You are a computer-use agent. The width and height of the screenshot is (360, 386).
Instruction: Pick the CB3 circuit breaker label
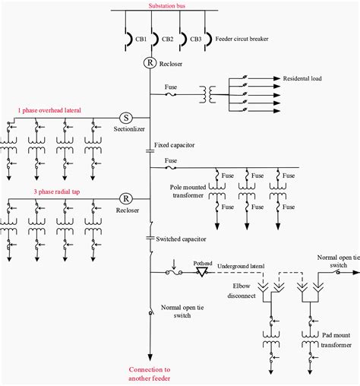(x=195, y=39)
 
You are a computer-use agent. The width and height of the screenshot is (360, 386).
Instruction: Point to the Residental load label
(x=308, y=78)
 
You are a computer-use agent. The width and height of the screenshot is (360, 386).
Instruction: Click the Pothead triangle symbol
(x=203, y=271)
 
